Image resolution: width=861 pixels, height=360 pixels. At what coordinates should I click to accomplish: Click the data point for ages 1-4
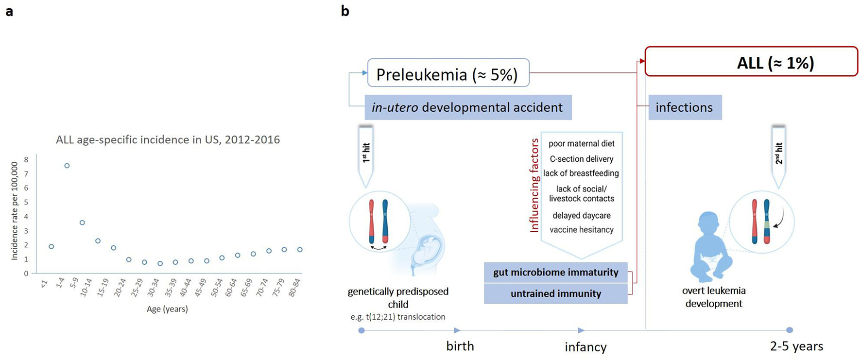point(67,166)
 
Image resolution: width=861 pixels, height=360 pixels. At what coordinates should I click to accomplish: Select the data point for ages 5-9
point(83,223)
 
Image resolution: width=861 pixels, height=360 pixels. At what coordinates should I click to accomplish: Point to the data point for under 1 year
point(52,247)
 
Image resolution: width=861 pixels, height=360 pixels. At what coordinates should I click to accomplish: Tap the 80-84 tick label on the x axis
point(295,288)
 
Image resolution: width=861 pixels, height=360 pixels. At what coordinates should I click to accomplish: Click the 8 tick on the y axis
point(26,159)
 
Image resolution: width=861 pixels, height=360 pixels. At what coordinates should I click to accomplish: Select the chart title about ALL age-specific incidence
point(168,140)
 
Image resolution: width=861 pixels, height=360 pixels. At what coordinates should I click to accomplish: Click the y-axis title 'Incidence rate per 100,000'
point(15,211)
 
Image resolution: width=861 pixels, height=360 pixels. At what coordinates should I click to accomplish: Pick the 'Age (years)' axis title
point(167,309)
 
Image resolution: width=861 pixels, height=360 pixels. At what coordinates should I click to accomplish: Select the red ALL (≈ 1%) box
point(751,62)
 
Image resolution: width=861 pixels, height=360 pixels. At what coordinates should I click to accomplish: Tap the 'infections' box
point(685,107)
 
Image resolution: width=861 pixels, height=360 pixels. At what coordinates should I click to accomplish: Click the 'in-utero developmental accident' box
point(467,107)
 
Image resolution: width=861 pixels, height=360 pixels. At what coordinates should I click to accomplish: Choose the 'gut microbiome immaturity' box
point(555,273)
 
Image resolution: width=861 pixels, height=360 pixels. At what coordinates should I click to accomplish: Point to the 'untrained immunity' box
point(555,293)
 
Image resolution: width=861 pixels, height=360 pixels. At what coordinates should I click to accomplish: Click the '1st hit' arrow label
point(366,153)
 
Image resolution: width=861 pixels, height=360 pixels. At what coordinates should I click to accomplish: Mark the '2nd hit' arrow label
point(779,153)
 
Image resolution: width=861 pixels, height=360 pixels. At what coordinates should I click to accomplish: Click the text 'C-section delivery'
point(581,159)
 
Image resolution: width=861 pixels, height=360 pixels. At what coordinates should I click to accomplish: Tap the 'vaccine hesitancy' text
point(581,230)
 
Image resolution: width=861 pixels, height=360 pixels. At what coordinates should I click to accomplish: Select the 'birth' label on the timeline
point(460,346)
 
